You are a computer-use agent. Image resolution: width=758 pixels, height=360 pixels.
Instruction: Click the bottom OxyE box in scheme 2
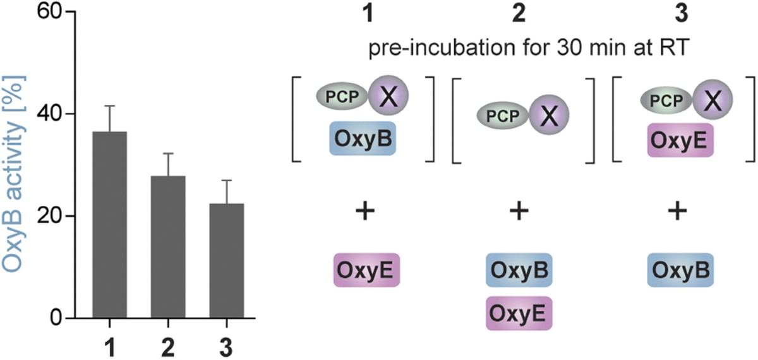point(519,312)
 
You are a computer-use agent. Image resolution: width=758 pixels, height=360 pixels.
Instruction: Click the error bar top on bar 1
point(110,106)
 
